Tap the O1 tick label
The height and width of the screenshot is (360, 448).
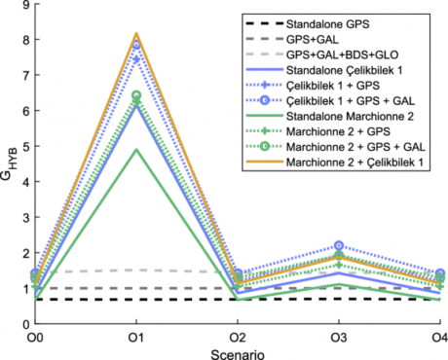coord(136,337)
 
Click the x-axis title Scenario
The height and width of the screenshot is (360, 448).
coord(237,352)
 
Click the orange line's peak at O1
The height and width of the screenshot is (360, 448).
coord(136,34)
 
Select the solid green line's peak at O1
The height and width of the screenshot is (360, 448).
coord(136,149)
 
